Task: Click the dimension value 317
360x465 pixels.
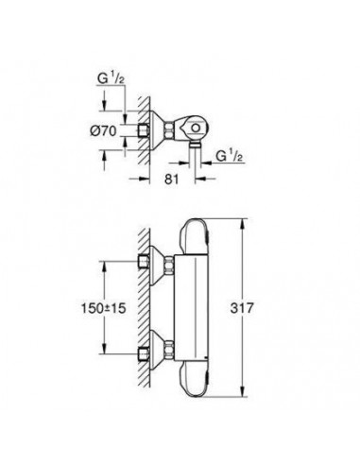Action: [268, 308]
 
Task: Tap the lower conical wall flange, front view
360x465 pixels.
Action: [161, 353]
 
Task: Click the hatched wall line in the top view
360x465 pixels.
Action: [139, 104]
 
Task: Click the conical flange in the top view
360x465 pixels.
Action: [162, 130]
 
